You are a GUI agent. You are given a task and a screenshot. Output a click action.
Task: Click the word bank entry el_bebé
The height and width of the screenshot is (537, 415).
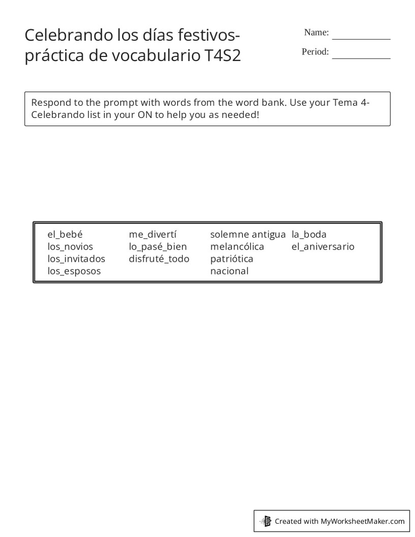(65, 234)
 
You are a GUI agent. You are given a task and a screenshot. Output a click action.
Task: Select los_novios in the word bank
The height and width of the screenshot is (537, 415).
(70, 247)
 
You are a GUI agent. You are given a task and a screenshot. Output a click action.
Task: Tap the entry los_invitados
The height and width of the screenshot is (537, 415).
(76, 259)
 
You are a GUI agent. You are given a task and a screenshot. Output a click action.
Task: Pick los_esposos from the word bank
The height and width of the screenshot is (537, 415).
(74, 271)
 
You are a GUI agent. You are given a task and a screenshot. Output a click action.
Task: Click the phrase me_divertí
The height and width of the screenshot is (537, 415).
(153, 234)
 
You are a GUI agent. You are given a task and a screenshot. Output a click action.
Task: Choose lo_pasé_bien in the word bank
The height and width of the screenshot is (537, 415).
(158, 247)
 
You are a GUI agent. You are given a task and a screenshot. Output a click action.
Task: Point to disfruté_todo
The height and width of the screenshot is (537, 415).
(159, 259)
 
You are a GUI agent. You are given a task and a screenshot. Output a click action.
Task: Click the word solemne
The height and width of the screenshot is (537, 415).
(229, 234)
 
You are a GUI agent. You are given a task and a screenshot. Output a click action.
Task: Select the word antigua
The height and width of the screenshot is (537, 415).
(269, 234)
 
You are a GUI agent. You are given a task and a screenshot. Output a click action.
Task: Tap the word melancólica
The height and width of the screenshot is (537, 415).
(237, 247)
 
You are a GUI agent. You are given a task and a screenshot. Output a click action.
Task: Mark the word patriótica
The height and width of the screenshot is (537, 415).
(231, 259)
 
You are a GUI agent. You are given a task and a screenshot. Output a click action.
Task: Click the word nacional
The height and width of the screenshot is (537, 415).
(229, 271)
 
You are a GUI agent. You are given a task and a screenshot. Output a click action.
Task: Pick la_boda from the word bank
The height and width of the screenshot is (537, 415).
(309, 234)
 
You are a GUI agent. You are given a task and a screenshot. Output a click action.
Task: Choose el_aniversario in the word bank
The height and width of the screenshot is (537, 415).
(323, 247)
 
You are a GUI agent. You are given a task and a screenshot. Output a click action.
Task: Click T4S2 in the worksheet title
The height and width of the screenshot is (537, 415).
(223, 56)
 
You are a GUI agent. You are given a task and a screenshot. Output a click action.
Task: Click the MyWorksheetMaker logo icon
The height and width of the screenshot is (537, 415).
(265, 521)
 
